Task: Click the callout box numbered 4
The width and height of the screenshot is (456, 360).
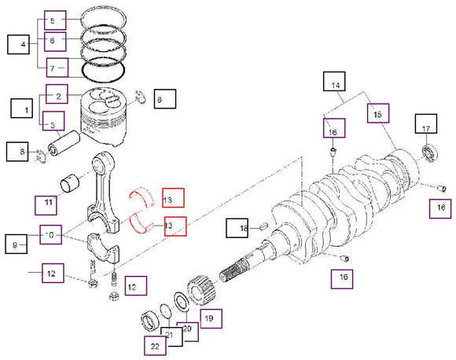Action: point(18,44)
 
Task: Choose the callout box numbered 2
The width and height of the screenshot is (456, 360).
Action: point(57,96)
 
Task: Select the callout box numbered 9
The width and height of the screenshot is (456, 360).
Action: point(17,244)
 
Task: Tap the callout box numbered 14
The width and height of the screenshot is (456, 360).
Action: point(335,84)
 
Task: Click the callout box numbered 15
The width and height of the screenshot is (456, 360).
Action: point(378,115)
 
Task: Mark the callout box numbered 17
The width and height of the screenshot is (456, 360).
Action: point(425,129)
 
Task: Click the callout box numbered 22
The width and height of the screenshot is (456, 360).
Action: point(155,345)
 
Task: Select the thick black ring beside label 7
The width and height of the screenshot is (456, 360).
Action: point(105,70)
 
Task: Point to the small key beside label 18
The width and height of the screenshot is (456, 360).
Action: point(264,227)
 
